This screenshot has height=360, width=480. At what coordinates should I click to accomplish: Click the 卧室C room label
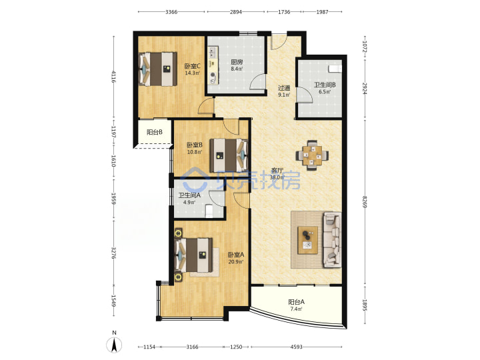pyautogui.click(x=192, y=66)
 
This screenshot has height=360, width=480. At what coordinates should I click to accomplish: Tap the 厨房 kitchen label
pyautogui.click(x=237, y=62)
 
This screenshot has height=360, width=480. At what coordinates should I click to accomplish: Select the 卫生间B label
pyautogui.click(x=325, y=85)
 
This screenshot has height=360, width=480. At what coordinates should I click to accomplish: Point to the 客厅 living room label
pyautogui.click(x=277, y=171)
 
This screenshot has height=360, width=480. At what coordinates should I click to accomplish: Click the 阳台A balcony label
pyautogui.click(x=296, y=302)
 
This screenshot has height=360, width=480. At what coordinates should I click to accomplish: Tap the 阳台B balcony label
pyautogui.click(x=154, y=132)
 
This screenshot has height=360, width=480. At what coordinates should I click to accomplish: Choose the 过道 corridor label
pyautogui.click(x=284, y=88)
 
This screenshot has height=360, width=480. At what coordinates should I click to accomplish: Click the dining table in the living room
pyautogui.click(x=312, y=155)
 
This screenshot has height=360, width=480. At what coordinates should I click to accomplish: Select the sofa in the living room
pyautogui.click(x=332, y=240)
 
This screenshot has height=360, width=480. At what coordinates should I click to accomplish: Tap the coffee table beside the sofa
pyautogui.click(x=307, y=240)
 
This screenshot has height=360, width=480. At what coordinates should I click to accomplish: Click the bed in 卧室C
pyautogui.click(x=157, y=69)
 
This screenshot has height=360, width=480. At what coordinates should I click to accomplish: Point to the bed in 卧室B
pyautogui.click(x=229, y=155)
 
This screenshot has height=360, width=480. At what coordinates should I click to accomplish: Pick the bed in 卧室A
pyautogui.click(x=193, y=255)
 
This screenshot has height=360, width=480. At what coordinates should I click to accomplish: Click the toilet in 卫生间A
pyautogui.click(x=209, y=211)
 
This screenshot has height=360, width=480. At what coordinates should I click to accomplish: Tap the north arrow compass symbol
pyautogui.click(x=114, y=345)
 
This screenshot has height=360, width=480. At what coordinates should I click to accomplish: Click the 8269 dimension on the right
pyautogui.click(x=364, y=202)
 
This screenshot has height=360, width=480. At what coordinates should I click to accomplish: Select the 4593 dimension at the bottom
pyautogui.click(x=296, y=347)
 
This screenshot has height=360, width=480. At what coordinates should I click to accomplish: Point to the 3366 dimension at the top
pyautogui.click(x=171, y=12)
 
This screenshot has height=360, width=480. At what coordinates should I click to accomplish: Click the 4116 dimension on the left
pyautogui.click(x=113, y=77)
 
